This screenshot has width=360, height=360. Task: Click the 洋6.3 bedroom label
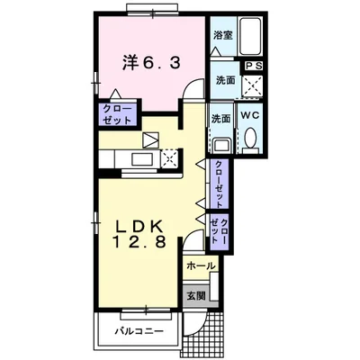point(151,63)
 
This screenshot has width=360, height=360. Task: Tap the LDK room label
point(139,227)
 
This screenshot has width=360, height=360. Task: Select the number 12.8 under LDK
point(139,241)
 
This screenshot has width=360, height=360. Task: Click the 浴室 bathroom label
point(223,35)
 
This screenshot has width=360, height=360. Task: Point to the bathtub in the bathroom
point(250,36)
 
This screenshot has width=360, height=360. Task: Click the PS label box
point(254,66)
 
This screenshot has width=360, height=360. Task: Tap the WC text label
point(250,115)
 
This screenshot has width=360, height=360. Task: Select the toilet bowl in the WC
point(250,138)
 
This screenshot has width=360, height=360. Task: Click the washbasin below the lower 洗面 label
point(221,146)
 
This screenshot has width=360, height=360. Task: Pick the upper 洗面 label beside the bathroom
point(226,80)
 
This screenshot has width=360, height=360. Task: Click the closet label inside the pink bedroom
point(117,114)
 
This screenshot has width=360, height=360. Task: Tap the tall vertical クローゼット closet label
point(220,184)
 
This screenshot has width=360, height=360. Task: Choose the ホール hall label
point(201,265)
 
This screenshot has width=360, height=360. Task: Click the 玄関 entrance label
point(196,296)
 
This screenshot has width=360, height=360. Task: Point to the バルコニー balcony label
point(139,331)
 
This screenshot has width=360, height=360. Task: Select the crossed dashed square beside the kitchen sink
point(169,157)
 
